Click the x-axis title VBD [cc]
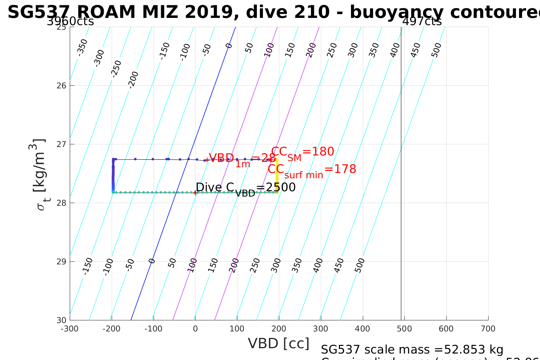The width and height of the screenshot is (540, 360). [x=279, y=344]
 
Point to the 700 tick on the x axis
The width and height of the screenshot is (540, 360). [x=488, y=329]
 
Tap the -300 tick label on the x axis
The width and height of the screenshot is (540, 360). [x=70, y=329]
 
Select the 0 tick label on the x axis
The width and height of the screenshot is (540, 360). [x=195, y=329]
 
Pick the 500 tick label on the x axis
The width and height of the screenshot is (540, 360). [x=404, y=329]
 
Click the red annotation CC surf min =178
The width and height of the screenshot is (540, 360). [x=312, y=170]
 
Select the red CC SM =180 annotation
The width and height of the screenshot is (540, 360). [x=303, y=152]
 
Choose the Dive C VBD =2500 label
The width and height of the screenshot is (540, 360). [x=245, y=188]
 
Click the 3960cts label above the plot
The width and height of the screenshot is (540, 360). [x=70, y=21]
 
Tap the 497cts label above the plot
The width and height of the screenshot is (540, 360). [x=422, y=21]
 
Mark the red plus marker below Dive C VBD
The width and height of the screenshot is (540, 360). [x=195, y=193]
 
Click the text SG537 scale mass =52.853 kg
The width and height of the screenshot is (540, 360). [x=412, y=349]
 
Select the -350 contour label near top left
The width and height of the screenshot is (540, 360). [x=82, y=47]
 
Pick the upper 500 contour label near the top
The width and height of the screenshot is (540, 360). [x=436, y=50]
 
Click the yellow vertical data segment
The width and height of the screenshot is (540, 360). [x=277, y=175]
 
